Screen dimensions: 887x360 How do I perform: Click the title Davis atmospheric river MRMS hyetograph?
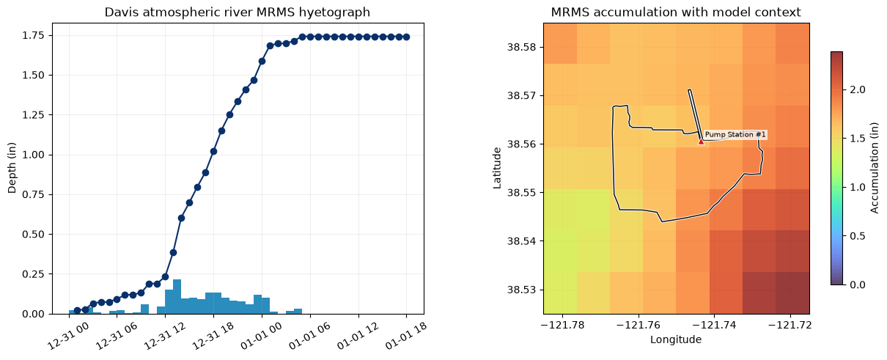[x=238, y=12]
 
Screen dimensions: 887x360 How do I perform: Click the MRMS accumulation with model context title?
[x=676, y=12]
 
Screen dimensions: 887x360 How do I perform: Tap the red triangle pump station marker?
[x=701, y=141]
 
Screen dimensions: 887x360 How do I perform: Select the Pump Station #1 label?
[x=735, y=135]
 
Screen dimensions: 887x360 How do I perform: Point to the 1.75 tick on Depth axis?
[x=32, y=36]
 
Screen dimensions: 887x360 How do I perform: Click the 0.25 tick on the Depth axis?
[x=32, y=274]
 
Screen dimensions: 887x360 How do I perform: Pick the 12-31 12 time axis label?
[x=163, y=336]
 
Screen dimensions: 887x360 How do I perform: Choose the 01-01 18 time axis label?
[x=406, y=336]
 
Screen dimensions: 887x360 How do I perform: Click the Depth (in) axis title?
[x=12, y=168]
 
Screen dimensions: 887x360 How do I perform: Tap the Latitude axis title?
[x=496, y=168]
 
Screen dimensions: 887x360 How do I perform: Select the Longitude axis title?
[x=676, y=339]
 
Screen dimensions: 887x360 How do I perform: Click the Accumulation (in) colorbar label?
[x=874, y=168]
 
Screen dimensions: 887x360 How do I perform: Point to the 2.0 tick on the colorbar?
[x=858, y=90]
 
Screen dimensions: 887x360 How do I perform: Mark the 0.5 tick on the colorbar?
[x=858, y=236]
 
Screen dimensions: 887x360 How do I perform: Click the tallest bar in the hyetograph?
[x=177, y=297]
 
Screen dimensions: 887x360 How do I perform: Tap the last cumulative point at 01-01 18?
[x=406, y=37]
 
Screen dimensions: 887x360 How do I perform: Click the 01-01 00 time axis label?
[x=261, y=336]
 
